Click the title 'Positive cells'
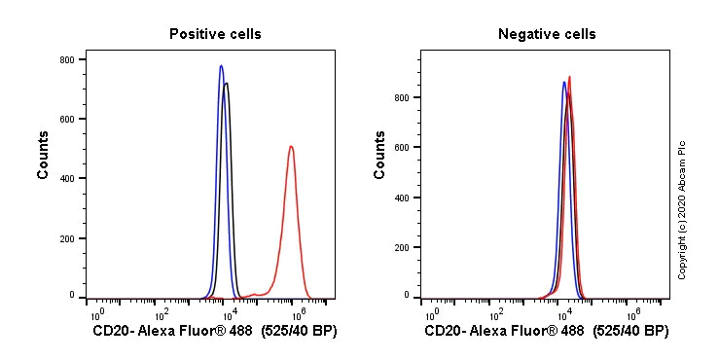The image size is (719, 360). (x=215, y=34)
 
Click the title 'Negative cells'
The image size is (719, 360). (x=547, y=34)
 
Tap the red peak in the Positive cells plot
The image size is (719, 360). (x=291, y=147)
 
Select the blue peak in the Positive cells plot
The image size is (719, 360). (x=221, y=66)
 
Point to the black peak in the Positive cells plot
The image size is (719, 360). (x=227, y=84)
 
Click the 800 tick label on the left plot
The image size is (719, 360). (x=66, y=59)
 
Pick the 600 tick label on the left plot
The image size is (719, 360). (x=66, y=119)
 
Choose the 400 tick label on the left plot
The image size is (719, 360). (x=66, y=178)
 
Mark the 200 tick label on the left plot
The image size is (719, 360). (x=66, y=237)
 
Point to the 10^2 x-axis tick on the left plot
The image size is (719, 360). (x=162, y=313)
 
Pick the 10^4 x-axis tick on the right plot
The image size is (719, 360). (x=564, y=313)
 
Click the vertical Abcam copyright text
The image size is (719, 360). (x=682, y=209)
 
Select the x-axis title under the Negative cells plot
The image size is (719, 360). (x=547, y=331)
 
